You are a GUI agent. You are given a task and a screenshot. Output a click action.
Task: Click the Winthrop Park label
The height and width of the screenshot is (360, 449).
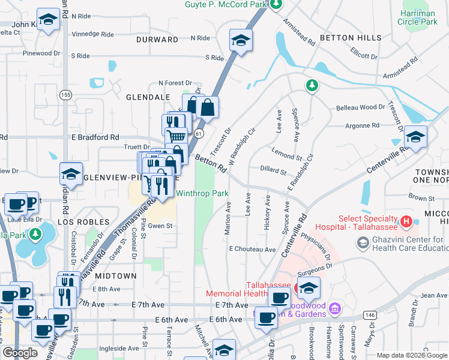pos(202,193)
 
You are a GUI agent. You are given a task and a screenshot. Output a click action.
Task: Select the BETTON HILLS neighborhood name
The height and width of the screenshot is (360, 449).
pos(351,38)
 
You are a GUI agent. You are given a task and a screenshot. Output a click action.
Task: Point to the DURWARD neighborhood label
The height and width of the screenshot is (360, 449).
pos(157,40)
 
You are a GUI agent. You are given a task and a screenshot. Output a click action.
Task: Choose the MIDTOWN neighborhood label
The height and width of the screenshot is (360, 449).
pos(116,275)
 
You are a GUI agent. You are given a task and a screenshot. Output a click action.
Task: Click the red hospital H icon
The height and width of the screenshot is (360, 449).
pos(406,223)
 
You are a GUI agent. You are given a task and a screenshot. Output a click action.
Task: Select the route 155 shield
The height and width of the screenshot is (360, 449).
pos(66,95)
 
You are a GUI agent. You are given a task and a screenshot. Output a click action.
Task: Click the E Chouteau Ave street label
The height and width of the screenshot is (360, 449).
pos(252,249)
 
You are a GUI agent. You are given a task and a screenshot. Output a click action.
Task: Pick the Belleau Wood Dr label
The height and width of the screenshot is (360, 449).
pos(360,107)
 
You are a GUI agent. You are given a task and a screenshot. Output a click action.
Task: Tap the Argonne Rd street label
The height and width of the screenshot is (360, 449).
pos(363,125)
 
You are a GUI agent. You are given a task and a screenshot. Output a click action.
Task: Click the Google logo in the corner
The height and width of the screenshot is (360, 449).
pos(20,353)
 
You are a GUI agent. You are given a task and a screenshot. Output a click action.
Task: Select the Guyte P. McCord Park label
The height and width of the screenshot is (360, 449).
pos(225,4)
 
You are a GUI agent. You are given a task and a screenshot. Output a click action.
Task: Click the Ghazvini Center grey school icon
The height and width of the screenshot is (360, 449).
pos(363,243)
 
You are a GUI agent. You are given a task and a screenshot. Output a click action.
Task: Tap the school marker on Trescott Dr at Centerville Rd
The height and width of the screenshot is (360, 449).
pos(415,137)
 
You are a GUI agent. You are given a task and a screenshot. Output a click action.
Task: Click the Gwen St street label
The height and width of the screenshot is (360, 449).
pos(161,226)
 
